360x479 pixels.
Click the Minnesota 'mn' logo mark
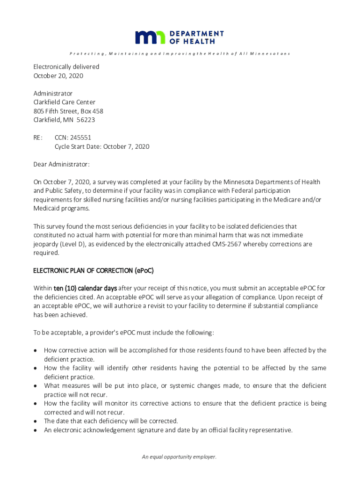coord(150,37)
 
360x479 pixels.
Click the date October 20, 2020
coord(58,76)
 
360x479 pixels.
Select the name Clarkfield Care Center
coord(64,102)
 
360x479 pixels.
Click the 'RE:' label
coord(38,138)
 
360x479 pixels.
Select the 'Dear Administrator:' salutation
coord(61,164)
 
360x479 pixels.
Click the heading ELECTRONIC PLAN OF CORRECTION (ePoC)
coord(93,270)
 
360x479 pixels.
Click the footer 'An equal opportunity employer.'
coord(180,457)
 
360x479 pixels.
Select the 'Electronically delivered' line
coord(66,67)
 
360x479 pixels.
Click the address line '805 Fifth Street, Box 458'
coord(68,111)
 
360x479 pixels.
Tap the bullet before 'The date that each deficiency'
coord(36,421)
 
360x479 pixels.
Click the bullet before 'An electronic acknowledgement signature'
coord(36,430)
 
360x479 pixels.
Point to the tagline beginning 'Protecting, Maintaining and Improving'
coord(180,54)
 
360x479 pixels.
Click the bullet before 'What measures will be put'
coord(36,386)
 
